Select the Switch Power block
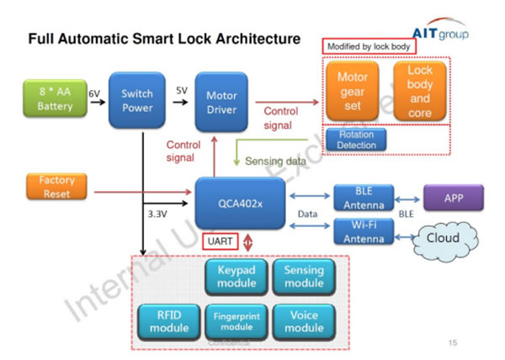137,100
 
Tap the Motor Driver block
221,100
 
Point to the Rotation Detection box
357,140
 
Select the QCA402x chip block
245,201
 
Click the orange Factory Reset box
56,187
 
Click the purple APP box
454,199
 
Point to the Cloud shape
444,239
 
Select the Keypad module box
235,276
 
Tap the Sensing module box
304,276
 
